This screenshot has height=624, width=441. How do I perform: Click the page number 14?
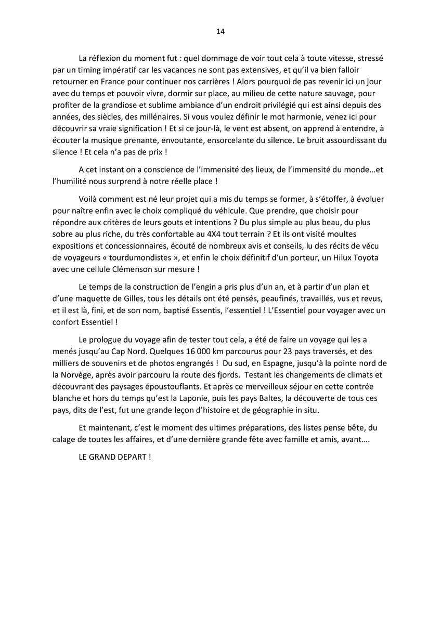(220, 32)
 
